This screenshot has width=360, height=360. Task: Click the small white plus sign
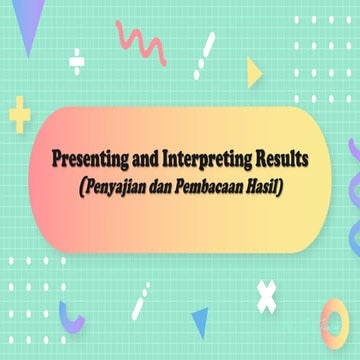click(x=77, y=58)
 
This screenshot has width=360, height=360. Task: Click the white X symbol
click(x=266, y=293)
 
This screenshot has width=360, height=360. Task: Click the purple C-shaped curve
click(x=71, y=315)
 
